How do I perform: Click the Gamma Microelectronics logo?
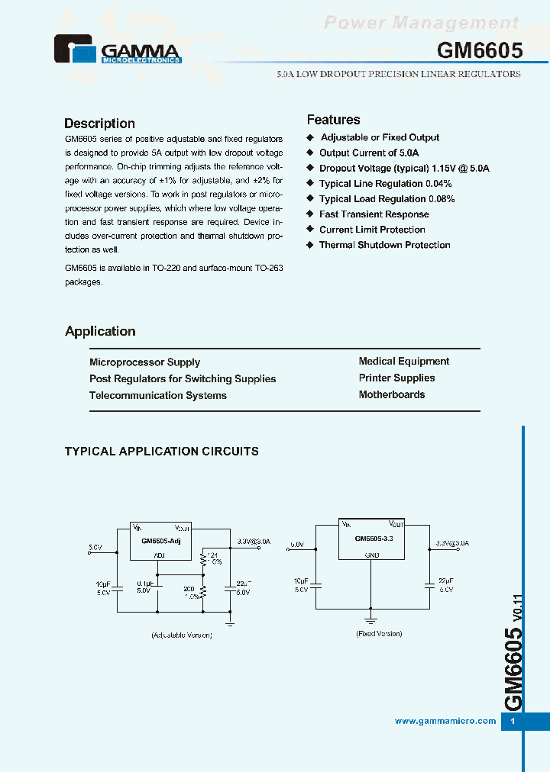pyautogui.click(x=117, y=49)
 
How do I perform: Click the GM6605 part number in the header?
pyautogui.click(x=480, y=51)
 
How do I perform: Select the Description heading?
pyautogui.click(x=99, y=124)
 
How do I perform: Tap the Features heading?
pyautogui.click(x=333, y=120)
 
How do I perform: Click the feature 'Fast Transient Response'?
pyautogui.click(x=374, y=214)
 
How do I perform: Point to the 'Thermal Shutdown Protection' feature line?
pyautogui.click(x=384, y=245)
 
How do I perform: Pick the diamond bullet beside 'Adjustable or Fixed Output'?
pyautogui.click(x=310, y=137)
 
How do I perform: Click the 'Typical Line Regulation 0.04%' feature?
pyautogui.click(x=385, y=184)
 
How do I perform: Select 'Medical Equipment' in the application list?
pyautogui.click(x=403, y=362)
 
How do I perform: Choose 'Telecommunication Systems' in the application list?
pyautogui.click(x=157, y=395)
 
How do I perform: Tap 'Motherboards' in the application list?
pyautogui.click(x=391, y=394)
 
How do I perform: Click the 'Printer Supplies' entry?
pyautogui.click(x=396, y=378)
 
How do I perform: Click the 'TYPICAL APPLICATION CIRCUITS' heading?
pyautogui.click(x=161, y=452)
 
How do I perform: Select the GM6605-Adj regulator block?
pyautogui.click(x=160, y=541)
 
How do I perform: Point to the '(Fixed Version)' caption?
pyautogui.click(x=378, y=634)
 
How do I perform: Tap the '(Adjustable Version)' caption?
pyautogui.click(x=181, y=635)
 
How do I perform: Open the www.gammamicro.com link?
pyautogui.click(x=445, y=721)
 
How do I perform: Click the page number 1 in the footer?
pyautogui.click(x=513, y=722)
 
